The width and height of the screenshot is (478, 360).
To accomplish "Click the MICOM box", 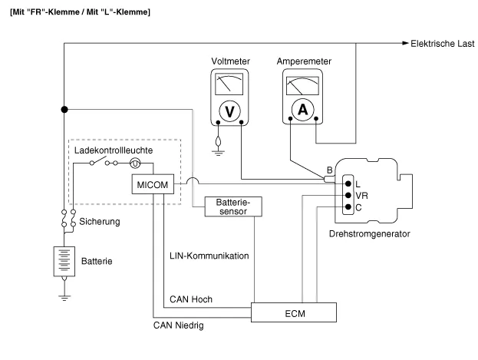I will [x=153, y=184].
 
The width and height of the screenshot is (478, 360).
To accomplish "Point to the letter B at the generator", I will [x=329, y=170].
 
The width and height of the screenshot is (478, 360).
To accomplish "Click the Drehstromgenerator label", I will [x=368, y=233].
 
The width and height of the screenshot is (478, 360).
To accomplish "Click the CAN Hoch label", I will [x=190, y=299].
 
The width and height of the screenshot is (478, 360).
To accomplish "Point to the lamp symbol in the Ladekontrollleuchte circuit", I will [x=134, y=163].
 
